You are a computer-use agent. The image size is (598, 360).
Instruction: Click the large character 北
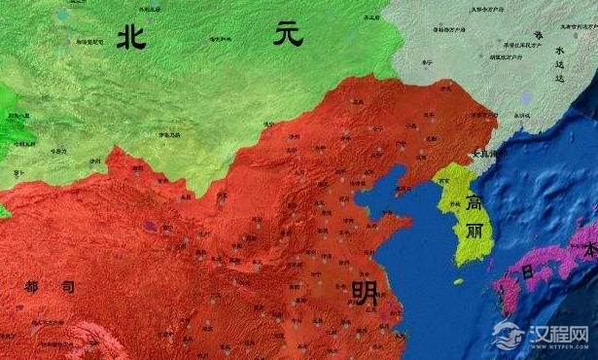click(x=133, y=37)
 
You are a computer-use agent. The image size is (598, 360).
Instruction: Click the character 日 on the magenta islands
click(x=526, y=272)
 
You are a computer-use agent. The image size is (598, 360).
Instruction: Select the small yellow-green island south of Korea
click(x=458, y=281)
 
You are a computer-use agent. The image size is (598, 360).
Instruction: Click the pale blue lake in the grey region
click(x=526, y=98)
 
